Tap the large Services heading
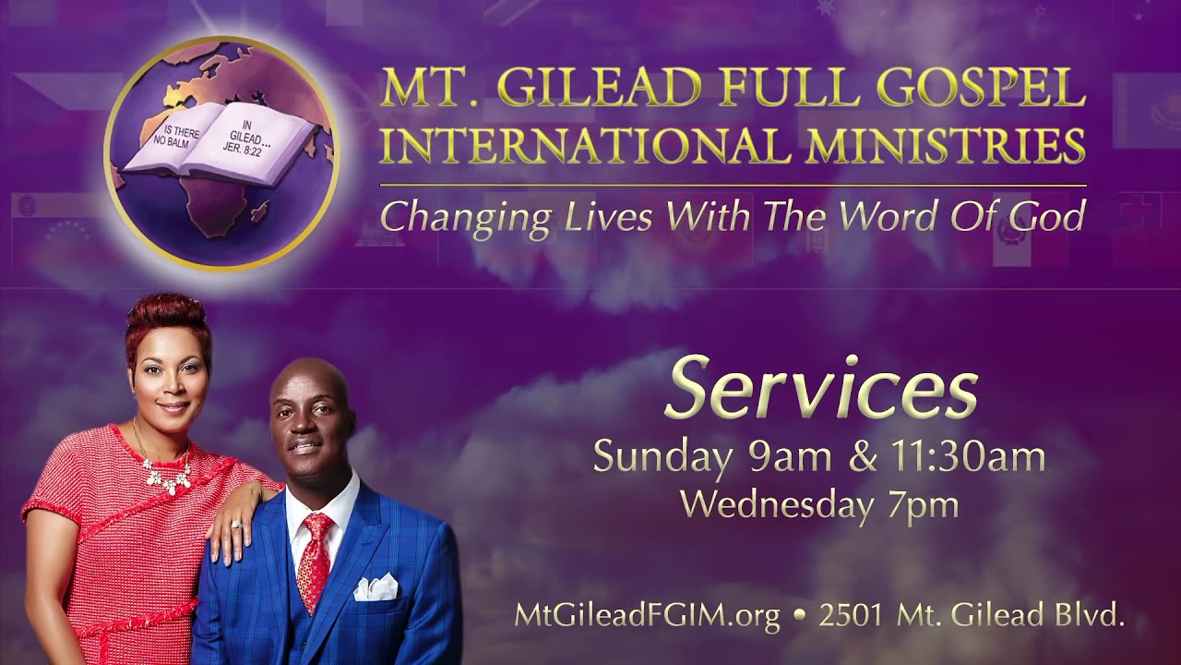pyautogui.click(x=820, y=390)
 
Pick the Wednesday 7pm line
pyautogui.click(x=819, y=504)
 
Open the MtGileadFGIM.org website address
pyautogui.click(x=648, y=616)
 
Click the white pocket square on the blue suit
pyautogui.click(x=376, y=588)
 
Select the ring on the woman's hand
pyautogui.click(x=236, y=524)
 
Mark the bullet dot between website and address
pyautogui.click(x=799, y=616)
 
